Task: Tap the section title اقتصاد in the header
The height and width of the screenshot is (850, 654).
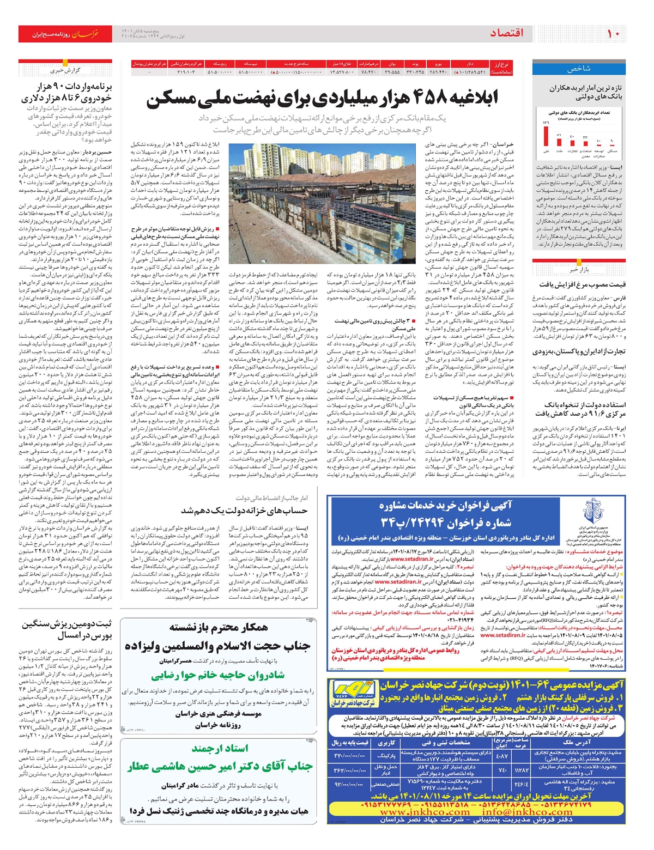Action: [506, 34]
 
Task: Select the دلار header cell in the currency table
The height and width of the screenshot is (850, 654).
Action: [470, 64]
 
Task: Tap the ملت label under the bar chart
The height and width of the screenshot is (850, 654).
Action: [560, 151]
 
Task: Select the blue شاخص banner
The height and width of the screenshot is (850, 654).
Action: [579, 69]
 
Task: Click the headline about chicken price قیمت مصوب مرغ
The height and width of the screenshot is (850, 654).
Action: [583, 284]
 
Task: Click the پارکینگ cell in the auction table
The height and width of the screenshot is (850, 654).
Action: [386, 756]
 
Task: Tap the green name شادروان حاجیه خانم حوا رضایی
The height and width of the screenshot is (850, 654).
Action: [217, 675]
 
